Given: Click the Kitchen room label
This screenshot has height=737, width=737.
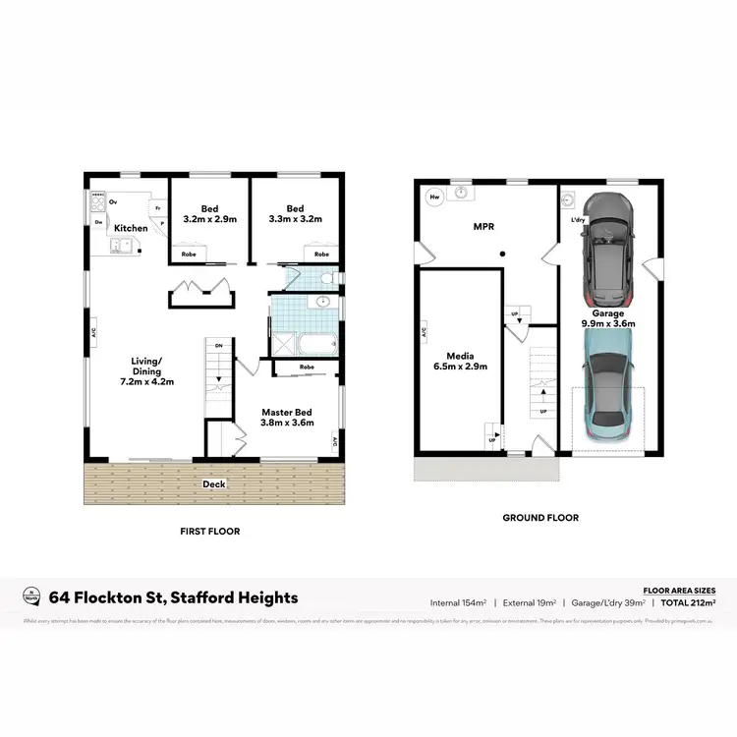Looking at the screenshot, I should (131, 228).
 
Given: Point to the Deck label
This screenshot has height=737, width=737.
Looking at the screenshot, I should (214, 484).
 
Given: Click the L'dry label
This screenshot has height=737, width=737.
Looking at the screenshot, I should (578, 219).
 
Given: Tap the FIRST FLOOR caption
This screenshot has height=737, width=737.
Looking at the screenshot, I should (210, 532).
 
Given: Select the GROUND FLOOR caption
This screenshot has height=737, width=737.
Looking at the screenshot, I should (540, 518).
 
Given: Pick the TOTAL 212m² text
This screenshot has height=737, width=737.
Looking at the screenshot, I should (687, 602).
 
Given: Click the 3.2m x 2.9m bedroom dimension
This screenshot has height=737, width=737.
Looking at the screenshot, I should (210, 220).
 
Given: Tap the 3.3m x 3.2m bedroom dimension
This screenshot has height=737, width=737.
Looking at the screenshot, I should (295, 220).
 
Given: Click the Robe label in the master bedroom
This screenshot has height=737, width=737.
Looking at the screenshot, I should (307, 368).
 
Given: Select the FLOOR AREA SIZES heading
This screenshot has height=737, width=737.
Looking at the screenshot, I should (678, 590).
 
